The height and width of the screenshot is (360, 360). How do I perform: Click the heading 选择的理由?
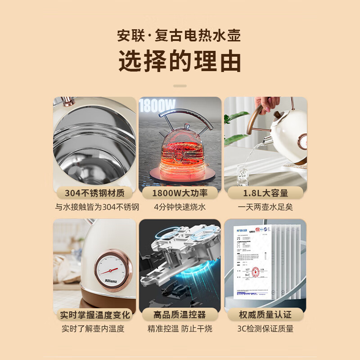point(180,62)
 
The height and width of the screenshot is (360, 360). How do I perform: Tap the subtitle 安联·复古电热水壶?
point(180,35)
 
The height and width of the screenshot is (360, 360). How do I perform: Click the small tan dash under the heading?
point(180,85)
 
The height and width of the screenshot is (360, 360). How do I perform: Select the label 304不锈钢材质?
point(94,193)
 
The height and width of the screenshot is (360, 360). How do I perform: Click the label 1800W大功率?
point(180,193)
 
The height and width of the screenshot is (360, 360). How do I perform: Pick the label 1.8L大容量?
point(265,193)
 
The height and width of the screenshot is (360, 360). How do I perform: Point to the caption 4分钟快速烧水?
point(180,207)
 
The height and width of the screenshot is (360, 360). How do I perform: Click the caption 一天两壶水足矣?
point(265,207)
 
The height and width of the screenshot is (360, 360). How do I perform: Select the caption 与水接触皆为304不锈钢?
point(94,207)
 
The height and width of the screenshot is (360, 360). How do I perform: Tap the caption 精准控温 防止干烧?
point(180,329)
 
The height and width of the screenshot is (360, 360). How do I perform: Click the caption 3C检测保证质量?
point(265,329)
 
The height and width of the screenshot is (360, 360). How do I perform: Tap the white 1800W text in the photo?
point(157,106)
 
